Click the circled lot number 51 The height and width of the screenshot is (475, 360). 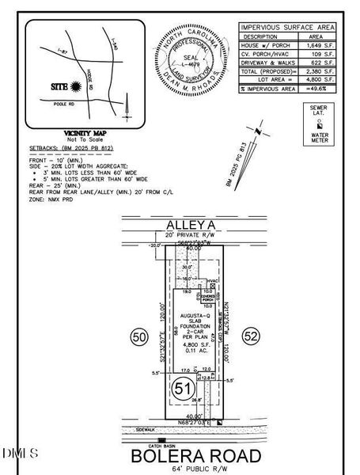[183, 389]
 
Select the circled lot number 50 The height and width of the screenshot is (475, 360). [139, 338]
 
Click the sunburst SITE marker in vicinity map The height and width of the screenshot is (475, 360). [77, 84]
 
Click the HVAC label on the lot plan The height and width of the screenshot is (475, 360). [211, 281]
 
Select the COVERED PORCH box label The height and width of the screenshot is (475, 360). [210, 298]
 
